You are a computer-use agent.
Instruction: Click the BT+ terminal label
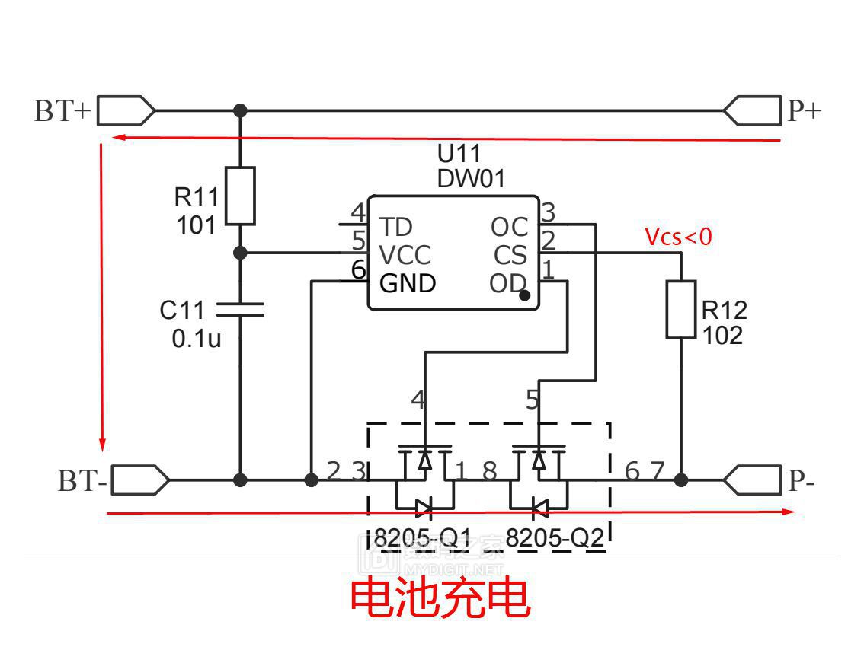click(62, 111)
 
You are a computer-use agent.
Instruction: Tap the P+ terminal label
click(805, 111)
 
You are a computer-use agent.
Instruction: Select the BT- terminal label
click(83, 481)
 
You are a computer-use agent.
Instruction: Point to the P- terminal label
click(802, 481)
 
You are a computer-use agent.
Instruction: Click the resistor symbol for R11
click(240, 196)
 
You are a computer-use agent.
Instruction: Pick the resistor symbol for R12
click(680, 309)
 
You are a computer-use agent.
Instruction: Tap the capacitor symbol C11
click(240, 309)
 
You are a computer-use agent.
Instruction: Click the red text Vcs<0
click(678, 237)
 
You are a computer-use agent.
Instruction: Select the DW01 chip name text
click(471, 179)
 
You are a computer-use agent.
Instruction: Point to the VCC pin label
click(405, 255)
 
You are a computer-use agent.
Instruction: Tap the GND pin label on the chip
click(408, 283)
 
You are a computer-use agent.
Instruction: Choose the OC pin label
click(509, 227)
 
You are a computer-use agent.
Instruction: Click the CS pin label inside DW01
click(510, 255)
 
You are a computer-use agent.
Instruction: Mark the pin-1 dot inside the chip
click(524, 295)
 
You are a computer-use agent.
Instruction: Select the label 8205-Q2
click(555, 538)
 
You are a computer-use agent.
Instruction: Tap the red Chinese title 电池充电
click(440, 598)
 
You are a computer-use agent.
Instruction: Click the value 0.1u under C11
click(197, 338)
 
